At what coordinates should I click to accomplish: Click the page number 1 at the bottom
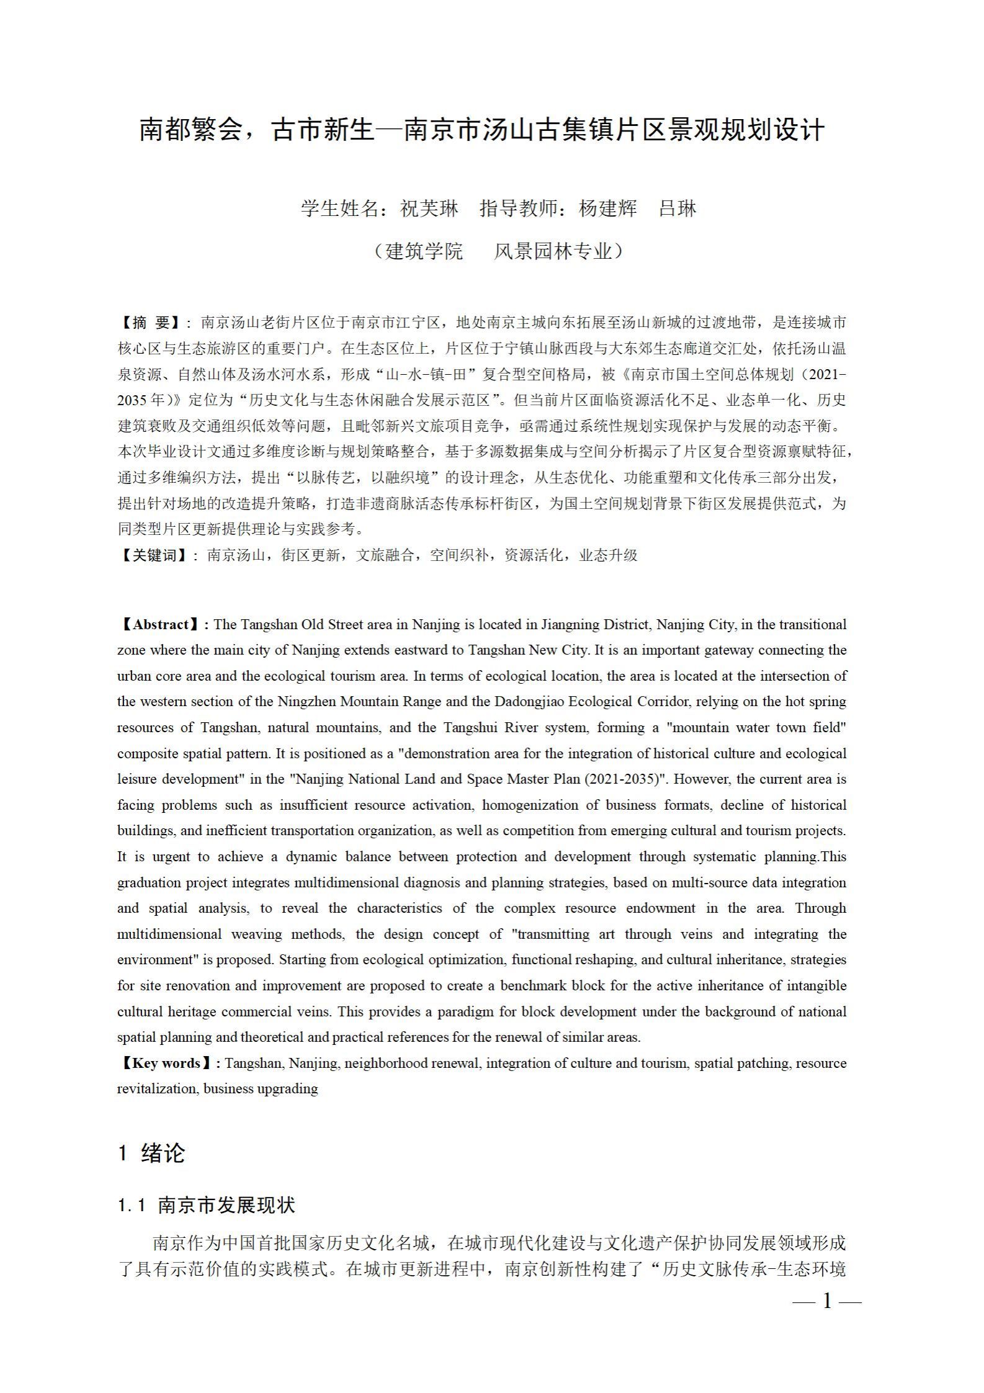coord(827,1301)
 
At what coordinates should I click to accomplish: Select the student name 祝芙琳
coord(429,208)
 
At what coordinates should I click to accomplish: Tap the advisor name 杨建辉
coord(607,208)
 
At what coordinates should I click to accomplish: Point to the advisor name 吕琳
coord(678,208)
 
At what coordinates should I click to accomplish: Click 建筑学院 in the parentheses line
coord(424,251)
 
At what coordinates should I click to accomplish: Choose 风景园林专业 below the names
coord(552,251)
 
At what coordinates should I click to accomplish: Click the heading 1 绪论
coord(152,1153)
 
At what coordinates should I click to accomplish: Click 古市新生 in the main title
coord(323,130)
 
